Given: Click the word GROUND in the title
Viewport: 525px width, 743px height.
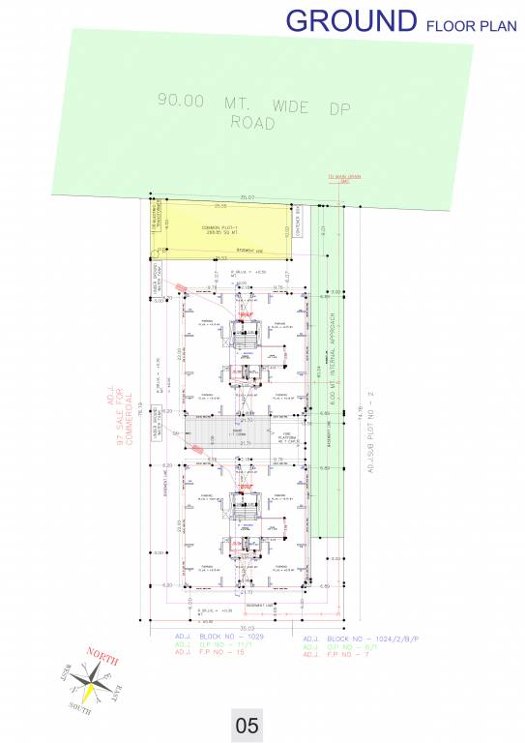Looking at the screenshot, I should point(351,20).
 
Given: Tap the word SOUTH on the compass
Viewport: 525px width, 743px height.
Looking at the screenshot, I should point(81,710).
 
